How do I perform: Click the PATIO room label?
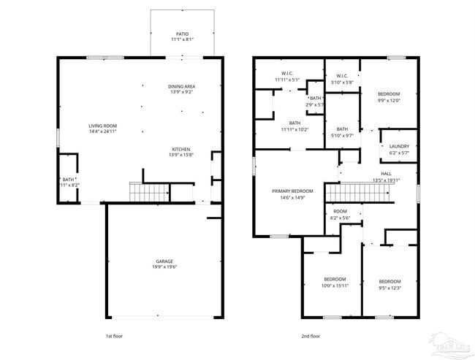pos(182,34)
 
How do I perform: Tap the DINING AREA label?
pos(182,86)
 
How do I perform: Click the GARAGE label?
pos(164,261)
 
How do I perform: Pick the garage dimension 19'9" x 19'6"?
pos(164,267)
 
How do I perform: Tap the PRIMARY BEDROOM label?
pos(292,191)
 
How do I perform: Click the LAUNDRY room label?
pos(399,146)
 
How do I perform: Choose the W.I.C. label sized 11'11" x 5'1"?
pos(287,73)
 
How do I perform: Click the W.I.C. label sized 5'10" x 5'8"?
pos(342,76)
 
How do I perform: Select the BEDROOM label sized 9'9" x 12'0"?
pos(389,94)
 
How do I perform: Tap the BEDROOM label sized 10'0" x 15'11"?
pos(335,279)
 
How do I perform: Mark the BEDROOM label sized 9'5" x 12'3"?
pos(389,281)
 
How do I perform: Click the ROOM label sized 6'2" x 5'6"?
pos(341,211)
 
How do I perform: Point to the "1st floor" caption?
pos(114,336)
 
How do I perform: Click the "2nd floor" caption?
pos(311,336)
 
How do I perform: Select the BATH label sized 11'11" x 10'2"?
pos(294,123)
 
